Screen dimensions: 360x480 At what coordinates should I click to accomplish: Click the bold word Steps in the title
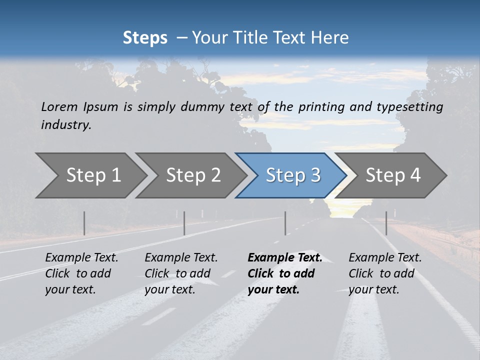(x=145, y=38)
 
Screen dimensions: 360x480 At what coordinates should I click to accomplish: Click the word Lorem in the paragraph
(x=59, y=107)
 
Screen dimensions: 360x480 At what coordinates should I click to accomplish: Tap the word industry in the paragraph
(x=65, y=125)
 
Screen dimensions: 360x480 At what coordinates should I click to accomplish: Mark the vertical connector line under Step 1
(x=84, y=223)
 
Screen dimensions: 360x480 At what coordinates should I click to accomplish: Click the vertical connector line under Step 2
(x=184, y=223)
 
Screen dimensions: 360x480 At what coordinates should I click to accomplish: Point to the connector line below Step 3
(x=285, y=223)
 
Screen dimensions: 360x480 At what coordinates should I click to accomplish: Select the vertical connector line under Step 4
(x=386, y=223)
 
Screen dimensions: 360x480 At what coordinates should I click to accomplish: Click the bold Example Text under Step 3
(x=285, y=258)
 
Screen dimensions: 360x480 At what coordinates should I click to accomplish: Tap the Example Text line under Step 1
(x=81, y=258)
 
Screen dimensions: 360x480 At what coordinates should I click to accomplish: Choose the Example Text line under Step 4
(x=385, y=258)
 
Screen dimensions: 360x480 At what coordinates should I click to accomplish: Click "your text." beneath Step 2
(x=169, y=289)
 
